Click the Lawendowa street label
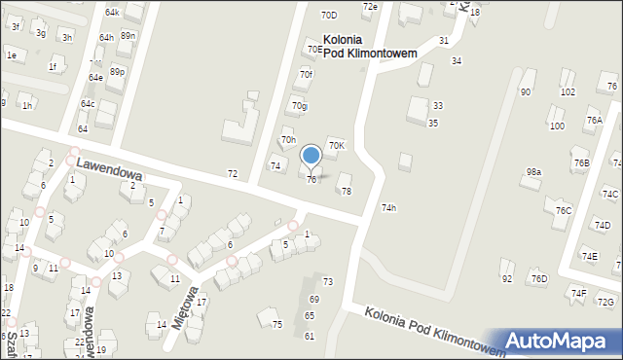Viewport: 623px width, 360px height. (x=108, y=171)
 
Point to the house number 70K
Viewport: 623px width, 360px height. (x=336, y=145)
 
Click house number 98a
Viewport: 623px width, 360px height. (x=533, y=172)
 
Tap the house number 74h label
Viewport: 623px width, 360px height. (x=388, y=207)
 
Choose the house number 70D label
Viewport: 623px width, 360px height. (x=329, y=16)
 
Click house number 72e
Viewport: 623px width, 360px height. (x=370, y=7)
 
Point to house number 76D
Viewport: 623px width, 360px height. (x=539, y=279)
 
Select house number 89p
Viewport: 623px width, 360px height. (x=117, y=72)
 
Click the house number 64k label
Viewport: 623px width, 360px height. (x=112, y=13)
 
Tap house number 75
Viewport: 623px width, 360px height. (x=277, y=324)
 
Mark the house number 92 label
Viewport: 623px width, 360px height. (x=507, y=279)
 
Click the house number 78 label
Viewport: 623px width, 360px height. (x=346, y=191)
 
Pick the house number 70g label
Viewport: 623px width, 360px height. (x=299, y=106)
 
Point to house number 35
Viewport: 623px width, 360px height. (x=432, y=123)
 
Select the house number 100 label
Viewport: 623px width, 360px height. (x=557, y=126)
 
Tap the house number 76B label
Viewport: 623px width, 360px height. (x=582, y=162)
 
